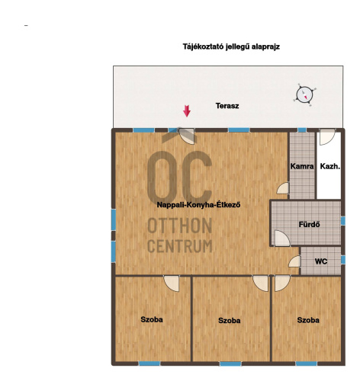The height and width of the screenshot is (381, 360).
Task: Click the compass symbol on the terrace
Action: click(304, 94)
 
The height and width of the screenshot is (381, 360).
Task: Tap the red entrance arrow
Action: click(187, 111)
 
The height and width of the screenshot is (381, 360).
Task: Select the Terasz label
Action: click(227, 106)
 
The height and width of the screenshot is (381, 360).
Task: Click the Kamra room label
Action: click(302, 166)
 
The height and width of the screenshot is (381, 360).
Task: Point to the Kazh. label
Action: click(330, 166)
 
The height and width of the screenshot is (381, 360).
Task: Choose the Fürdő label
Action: click(309, 225)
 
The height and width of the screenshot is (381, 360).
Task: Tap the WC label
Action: click(321, 261)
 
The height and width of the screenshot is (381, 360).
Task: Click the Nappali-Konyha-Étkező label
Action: click(198, 205)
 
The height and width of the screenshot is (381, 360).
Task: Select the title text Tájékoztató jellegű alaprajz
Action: click(231, 46)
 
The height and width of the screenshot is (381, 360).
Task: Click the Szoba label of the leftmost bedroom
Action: click(152, 319)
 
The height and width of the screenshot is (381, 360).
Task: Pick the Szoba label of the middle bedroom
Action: click(229, 321)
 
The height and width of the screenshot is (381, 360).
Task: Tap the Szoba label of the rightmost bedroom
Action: click(308, 320)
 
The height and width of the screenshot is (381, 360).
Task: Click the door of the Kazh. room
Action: click(327, 137)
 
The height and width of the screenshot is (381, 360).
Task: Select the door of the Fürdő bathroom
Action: click(281, 238)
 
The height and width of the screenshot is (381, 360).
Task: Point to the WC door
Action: click(295, 261)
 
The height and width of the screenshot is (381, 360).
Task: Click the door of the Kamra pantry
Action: click(283, 188)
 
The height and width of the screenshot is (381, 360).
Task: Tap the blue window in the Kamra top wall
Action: click(302, 130)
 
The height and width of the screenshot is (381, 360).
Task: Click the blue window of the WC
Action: click(343, 260)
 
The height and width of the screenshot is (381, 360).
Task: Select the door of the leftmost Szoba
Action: click(172, 283)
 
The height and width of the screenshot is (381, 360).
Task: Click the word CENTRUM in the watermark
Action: click(180, 246)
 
